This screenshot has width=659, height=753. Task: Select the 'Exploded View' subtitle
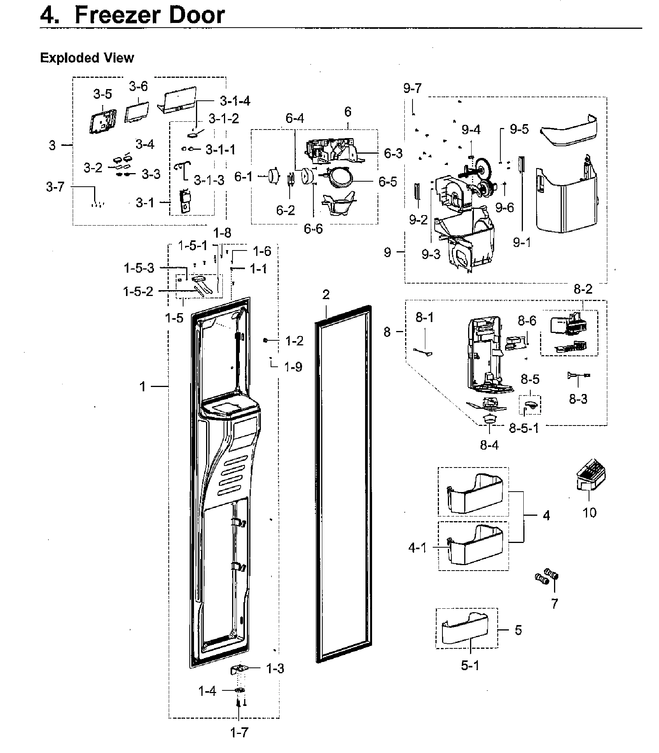coord(87,58)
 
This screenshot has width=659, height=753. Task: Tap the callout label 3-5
coord(102,94)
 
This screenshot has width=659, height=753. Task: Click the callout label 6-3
coord(393,153)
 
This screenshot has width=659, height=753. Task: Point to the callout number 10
coord(589,512)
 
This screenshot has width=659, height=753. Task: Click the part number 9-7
coord(412,88)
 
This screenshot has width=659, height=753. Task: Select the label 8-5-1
coord(524,428)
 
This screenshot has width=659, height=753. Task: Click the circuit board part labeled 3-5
coord(102,121)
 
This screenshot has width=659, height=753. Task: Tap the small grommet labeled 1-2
coord(265,340)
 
